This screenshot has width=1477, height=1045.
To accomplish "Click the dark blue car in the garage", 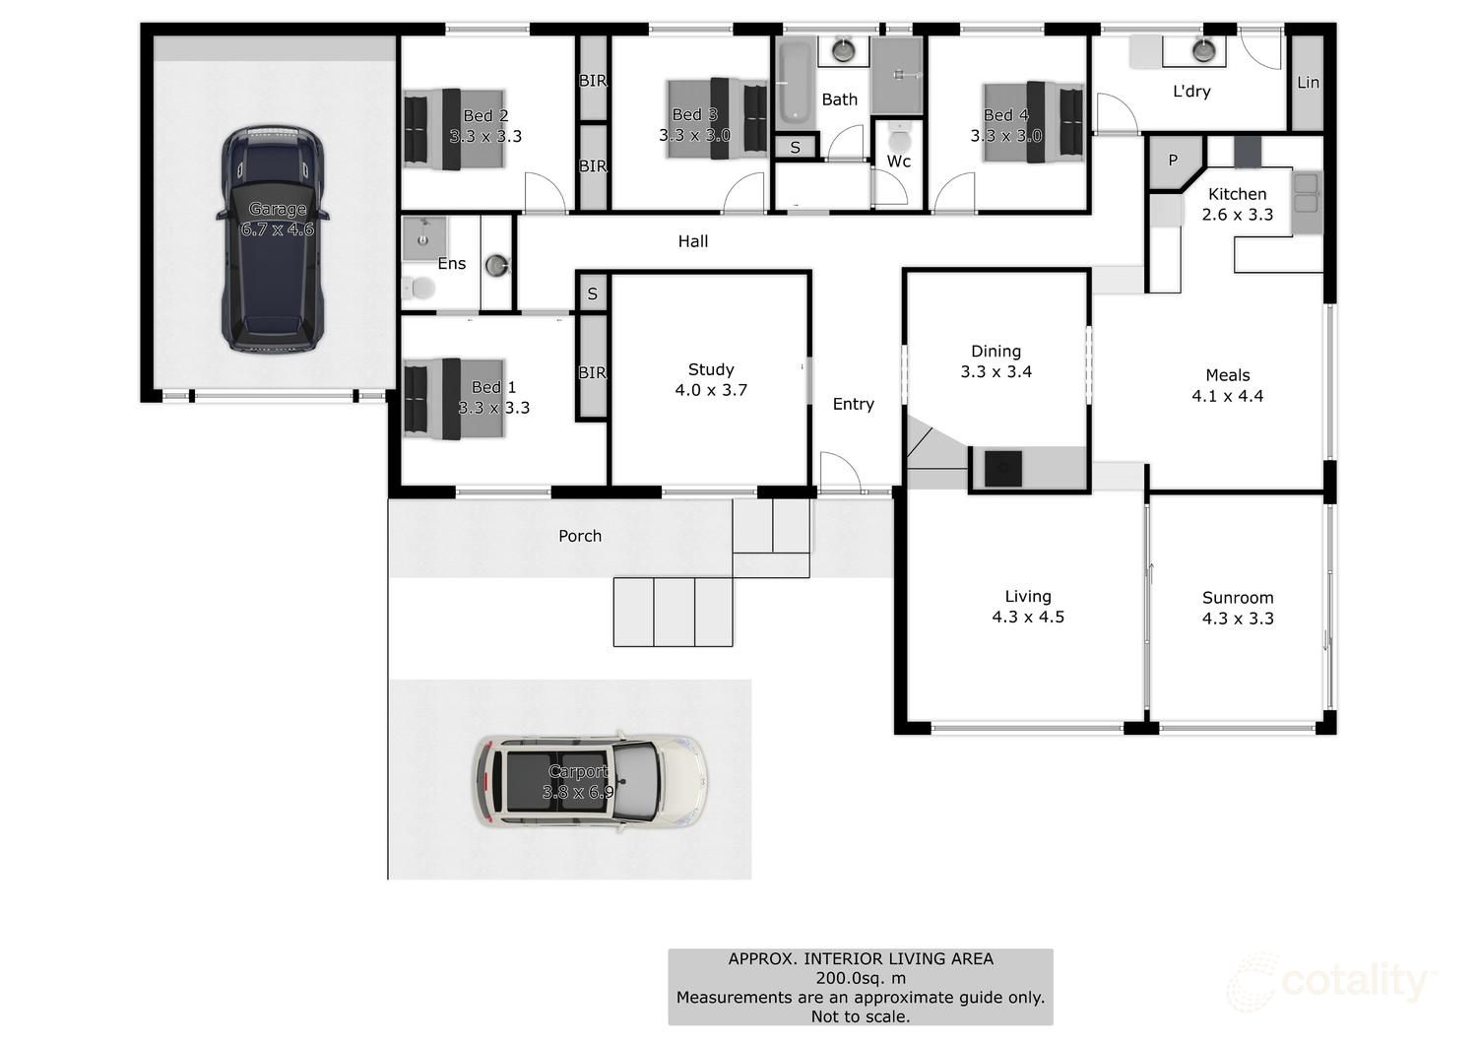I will point(272,239).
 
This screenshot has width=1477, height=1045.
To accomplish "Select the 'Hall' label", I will point(692,241).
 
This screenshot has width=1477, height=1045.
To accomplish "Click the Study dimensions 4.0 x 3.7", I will point(710,390).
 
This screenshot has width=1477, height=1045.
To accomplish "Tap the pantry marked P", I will point(1172,161).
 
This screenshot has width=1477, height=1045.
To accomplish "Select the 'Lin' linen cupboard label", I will point(1308,83).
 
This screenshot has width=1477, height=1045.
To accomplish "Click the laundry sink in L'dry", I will point(1203,49).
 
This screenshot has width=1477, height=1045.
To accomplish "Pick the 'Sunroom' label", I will point(1238,598).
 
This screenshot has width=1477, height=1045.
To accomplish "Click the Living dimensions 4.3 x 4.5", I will point(1028,618).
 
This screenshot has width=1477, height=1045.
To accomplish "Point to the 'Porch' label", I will point(579,536).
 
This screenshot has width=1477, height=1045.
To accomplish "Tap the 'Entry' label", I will point(853,404).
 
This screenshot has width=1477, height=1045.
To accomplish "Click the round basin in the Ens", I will point(498,264).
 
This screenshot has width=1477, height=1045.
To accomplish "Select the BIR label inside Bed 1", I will point(592,372).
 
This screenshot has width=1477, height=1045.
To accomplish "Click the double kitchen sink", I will point(1306,193).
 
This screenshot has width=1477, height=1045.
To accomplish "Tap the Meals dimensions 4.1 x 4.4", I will point(1227,396).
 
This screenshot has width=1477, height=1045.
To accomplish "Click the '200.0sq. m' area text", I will point(860,978).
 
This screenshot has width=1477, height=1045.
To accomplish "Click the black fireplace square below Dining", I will point(1003,468).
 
